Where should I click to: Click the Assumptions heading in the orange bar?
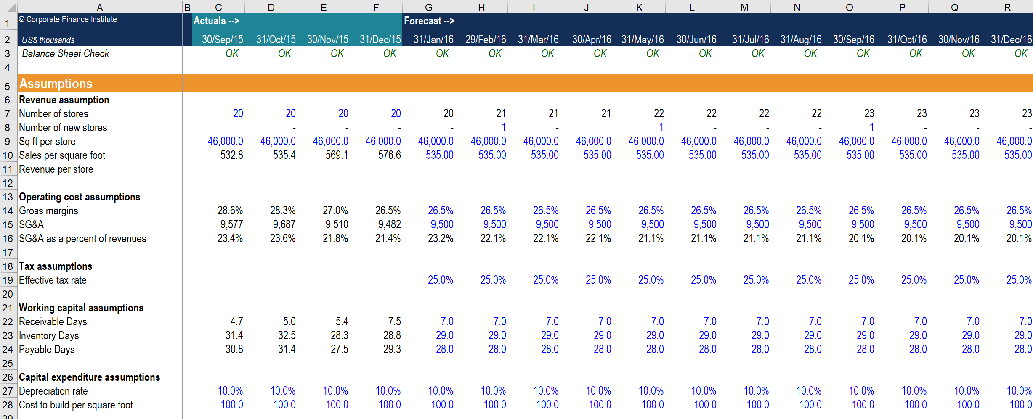pyautogui.click(x=56, y=84)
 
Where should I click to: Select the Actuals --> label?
pyautogui.click(x=216, y=21)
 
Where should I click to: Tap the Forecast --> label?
pyautogui.click(x=429, y=21)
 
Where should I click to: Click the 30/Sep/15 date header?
pyautogui.click(x=222, y=40)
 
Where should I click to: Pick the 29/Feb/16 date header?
pyautogui.click(x=486, y=40)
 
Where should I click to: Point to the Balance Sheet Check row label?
pyautogui.click(x=65, y=53)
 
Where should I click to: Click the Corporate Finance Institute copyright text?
pyautogui.click(x=68, y=19)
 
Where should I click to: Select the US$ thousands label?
pyautogui.click(x=48, y=40)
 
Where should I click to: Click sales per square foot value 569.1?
pyautogui.click(x=337, y=155)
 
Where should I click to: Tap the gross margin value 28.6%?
pyautogui.click(x=230, y=211)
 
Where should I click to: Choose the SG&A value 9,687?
pyautogui.click(x=284, y=224)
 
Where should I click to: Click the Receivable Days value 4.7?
pyautogui.click(x=236, y=321)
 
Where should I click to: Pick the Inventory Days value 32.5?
pyautogui.click(x=287, y=335)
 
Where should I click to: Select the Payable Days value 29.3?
pyautogui.click(x=392, y=349)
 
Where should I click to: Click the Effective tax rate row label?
pyautogui.click(x=53, y=280)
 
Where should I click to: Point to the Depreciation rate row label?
pyautogui.click(x=53, y=391)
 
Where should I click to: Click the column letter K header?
pyautogui.click(x=639, y=7)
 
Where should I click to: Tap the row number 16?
pyautogui.click(x=8, y=239)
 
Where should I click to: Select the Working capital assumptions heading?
pyautogui.click(x=81, y=308)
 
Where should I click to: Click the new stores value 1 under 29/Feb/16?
pyautogui.click(x=503, y=127)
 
